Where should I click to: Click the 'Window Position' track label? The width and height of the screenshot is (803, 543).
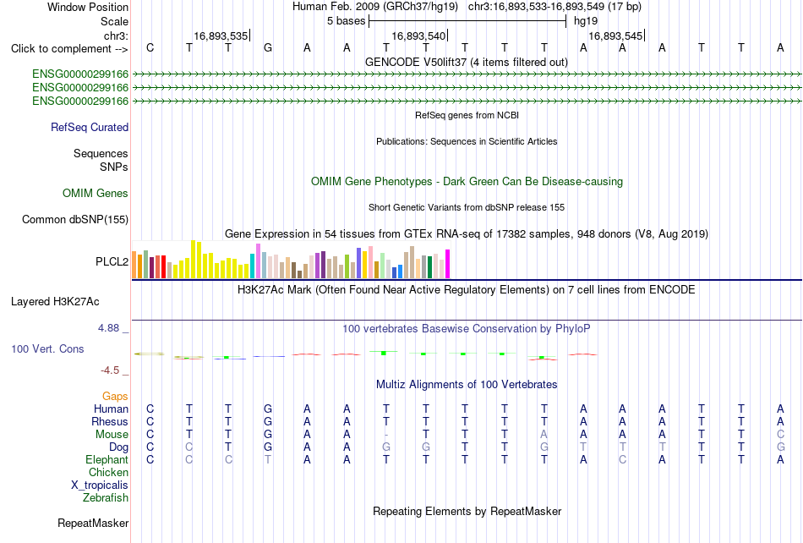[x=88, y=7]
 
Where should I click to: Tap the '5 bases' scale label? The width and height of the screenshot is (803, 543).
[x=347, y=21]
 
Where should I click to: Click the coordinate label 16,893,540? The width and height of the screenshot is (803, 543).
[x=418, y=36]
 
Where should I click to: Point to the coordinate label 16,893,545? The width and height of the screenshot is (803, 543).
[x=615, y=36]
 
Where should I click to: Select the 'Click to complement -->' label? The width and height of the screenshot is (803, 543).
[x=69, y=49]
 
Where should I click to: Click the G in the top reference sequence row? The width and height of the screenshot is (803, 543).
[x=268, y=48]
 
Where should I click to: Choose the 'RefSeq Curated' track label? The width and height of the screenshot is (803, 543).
[x=90, y=127]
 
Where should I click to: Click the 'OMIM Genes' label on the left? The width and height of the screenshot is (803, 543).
[x=96, y=193]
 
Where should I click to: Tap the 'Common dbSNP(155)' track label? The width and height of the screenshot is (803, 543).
[x=75, y=219]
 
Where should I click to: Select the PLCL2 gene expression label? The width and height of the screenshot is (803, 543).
[x=112, y=261]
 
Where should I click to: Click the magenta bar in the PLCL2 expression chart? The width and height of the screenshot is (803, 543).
[x=448, y=264]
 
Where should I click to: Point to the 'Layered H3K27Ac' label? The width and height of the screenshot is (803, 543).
[x=55, y=302]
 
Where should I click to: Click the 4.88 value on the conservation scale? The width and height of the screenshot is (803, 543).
[x=108, y=328]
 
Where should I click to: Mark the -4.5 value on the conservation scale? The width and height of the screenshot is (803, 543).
[x=110, y=370]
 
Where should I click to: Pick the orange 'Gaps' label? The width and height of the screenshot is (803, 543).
[x=115, y=396]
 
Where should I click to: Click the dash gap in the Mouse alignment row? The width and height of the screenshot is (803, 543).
[x=386, y=435]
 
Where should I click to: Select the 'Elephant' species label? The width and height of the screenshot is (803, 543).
[x=107, y=459]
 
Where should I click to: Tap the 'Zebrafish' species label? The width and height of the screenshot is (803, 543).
[x=106, y=497]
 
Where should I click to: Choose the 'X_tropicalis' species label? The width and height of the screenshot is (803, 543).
[x=100, y=485]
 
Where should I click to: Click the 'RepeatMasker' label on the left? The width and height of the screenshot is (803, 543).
[x=93, y=523]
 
